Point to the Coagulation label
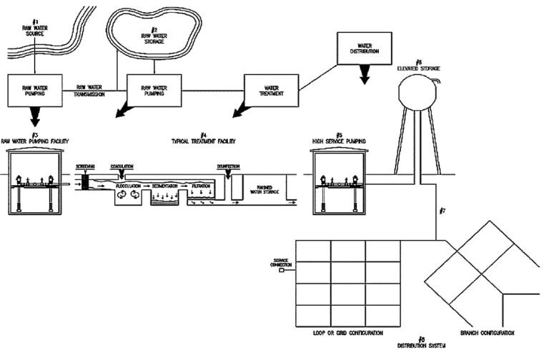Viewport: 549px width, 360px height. click(x=122, y=166)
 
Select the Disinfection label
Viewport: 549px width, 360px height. click(x=229, y=166)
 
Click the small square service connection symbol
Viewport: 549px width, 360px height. click(x=282, y=271)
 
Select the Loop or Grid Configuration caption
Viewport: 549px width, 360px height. click(x=348, y=333)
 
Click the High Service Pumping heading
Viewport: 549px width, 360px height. click(x=340, y=141)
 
